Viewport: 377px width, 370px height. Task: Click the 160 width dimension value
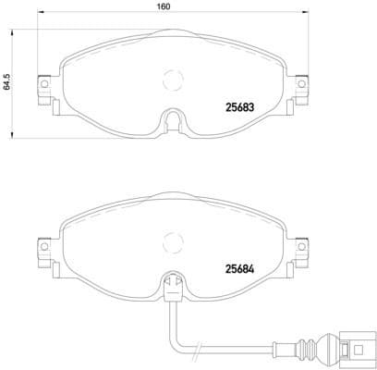pyautogui.click(x=164, y=7)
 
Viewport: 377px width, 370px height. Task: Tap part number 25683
pyautogui.click(x=242, y=105)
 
